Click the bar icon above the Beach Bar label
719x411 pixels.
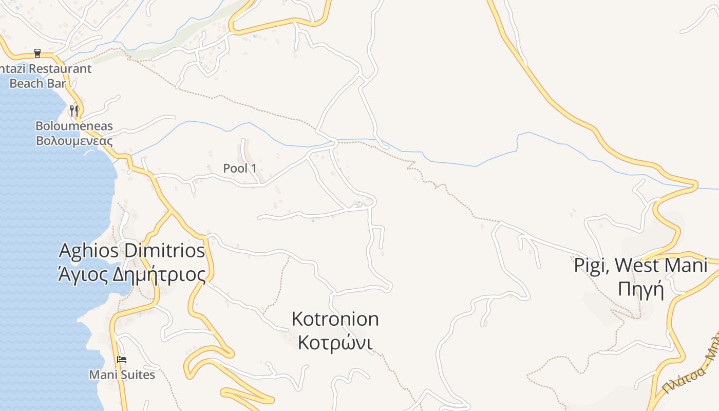coord(37,53)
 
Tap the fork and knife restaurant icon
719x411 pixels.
coord(74,110)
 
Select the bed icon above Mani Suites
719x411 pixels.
coord(122,360)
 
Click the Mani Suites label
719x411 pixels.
coord(122,375)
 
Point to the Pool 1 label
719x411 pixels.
coord(240,168)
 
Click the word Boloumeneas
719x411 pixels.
coord(74,126)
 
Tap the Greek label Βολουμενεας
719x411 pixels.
coord(74,140)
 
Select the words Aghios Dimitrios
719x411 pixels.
coord(132,251)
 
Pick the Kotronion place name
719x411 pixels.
coord(335,319)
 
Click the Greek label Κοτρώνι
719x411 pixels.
coord(335,342)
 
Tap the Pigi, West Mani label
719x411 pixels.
coord(640,266)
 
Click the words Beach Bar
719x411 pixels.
coord(38,83)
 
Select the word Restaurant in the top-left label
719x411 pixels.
coord(61,68)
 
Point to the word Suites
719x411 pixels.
coord(138,375)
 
